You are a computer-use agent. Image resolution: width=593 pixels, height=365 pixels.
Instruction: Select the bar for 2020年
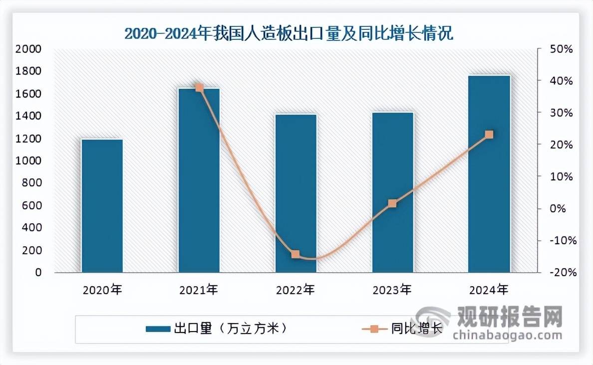pyautogui.click(x=102, y=205)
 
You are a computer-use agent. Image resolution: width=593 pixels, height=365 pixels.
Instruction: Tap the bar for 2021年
pyautogui.click(x=199, y=180)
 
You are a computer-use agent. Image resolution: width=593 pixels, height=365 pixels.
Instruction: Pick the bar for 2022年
pyautogui.click(x=296, y=193)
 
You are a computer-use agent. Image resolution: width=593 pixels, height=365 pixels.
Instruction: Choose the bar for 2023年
pyautogui.click(x=393, y=192)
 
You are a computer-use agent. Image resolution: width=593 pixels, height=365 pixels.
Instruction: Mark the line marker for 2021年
pyautogui.click(x=199, y=87)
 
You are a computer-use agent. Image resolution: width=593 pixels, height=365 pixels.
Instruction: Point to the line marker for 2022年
pyautogui.click(x=296, y=254)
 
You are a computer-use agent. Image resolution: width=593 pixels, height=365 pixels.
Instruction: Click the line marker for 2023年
pyautogui.click(x=392, y=203)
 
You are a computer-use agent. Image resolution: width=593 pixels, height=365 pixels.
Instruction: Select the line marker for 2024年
pyautogui.click(x=489, y=135)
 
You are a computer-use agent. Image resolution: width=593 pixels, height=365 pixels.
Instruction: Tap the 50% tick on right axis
pyautogui.click(x=561, y=49)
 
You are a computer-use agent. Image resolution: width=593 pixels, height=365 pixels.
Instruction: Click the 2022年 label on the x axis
pyautogui.click(x=296, y=290)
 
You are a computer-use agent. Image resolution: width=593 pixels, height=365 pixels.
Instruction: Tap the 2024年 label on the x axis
pyautogui.click(x=489, y=290)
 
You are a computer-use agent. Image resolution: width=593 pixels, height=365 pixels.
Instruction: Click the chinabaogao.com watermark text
pyautogui.click(x=507, y=336)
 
